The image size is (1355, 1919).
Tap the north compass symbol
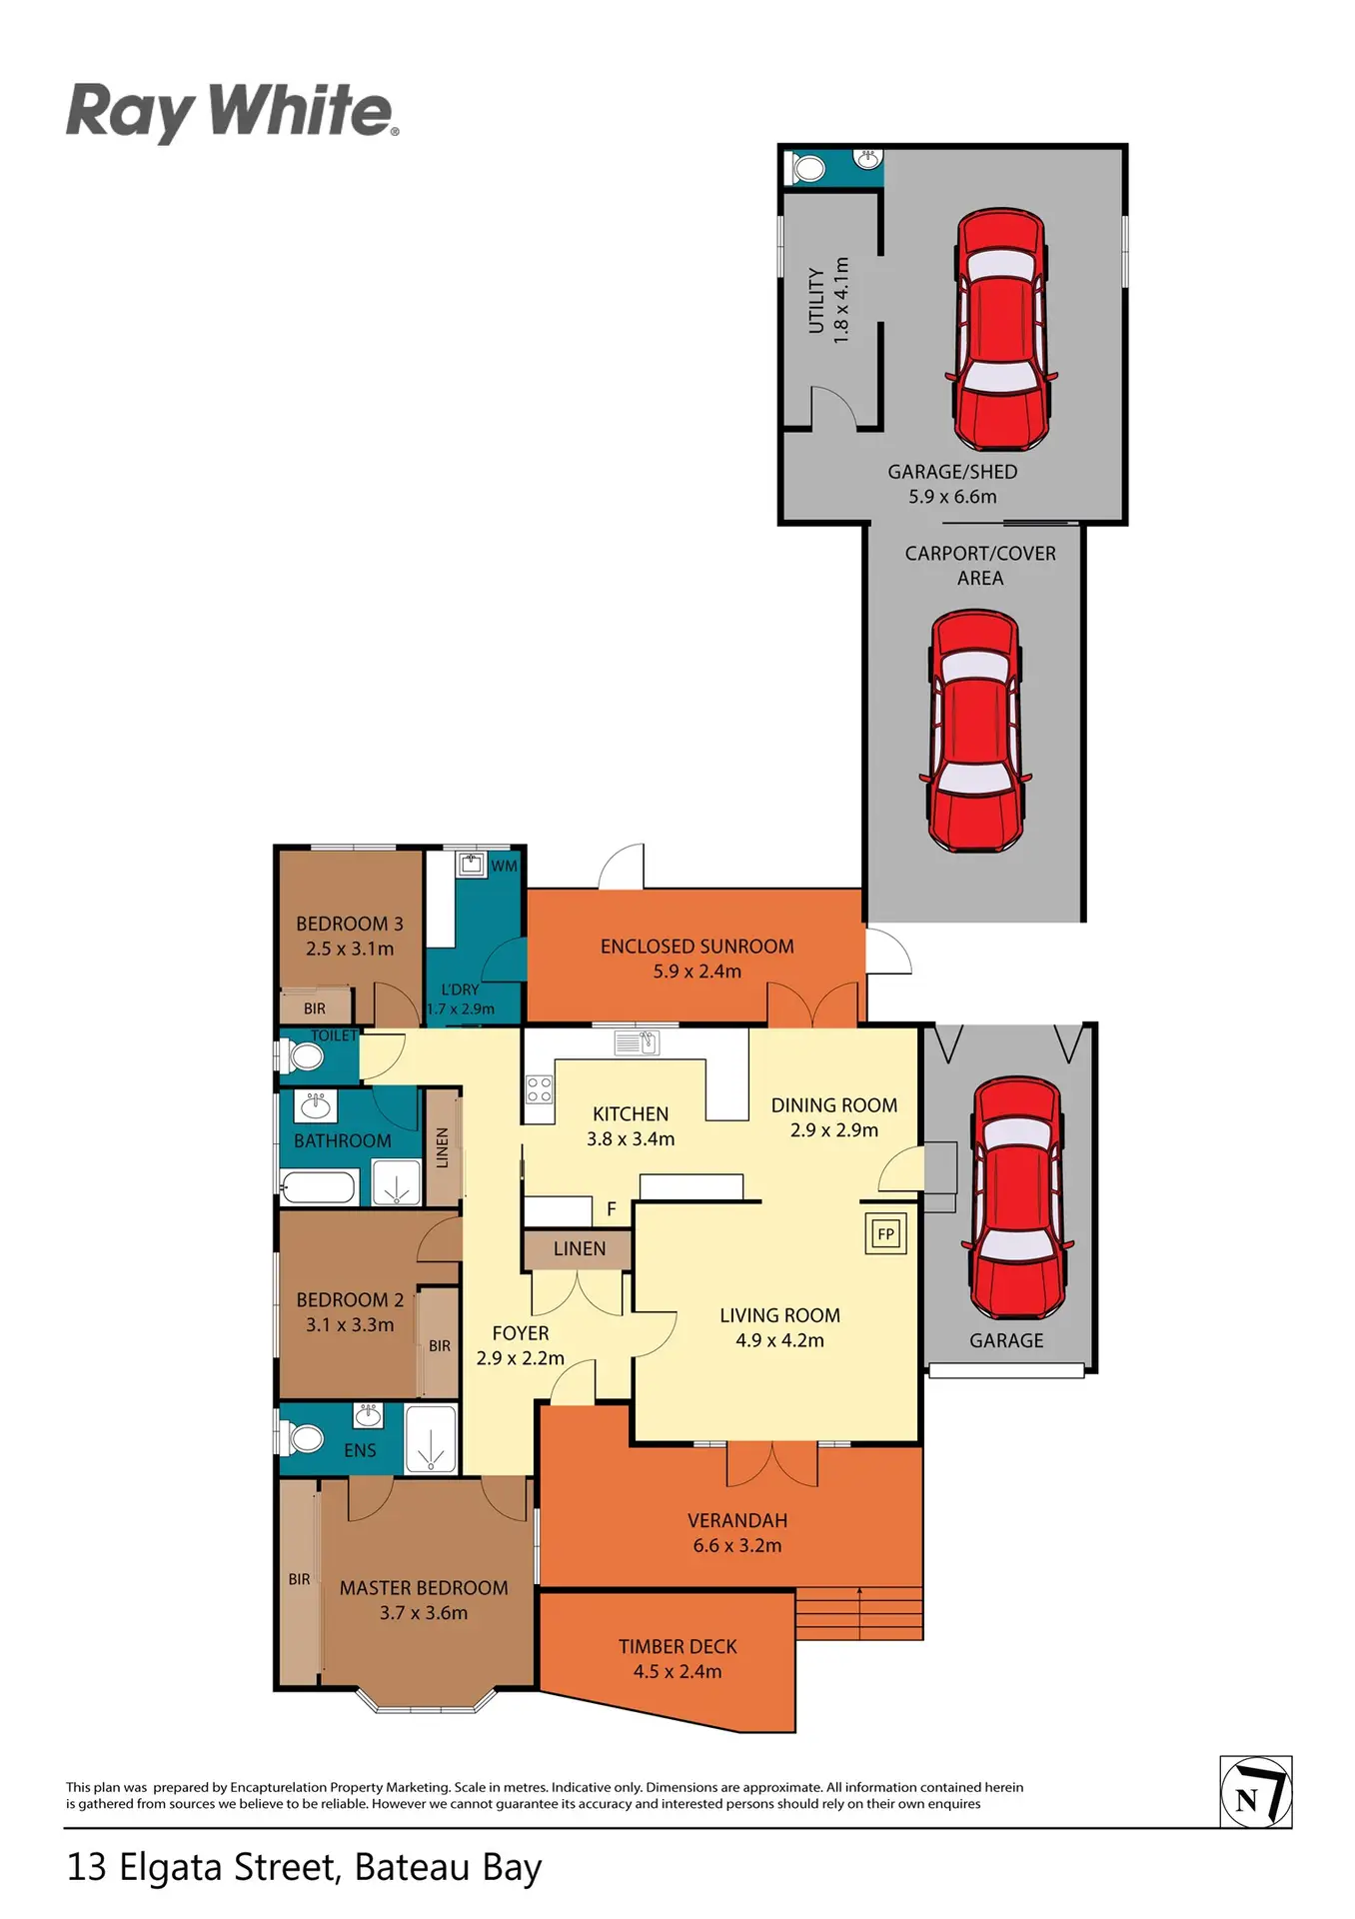pos(1256,1792)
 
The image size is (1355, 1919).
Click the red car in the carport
pos(975,731)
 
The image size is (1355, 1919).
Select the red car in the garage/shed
pos(1000,331)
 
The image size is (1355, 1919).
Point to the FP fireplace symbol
pos(885,1233)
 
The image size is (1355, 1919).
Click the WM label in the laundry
pos(504,866)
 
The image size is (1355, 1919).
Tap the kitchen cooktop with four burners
pos(539,1089)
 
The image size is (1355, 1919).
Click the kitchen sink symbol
pos(637,1043)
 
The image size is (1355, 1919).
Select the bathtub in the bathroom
pos(318,1187)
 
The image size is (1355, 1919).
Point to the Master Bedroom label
pos(424,1587)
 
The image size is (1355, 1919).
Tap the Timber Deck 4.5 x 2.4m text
pos(677,1658)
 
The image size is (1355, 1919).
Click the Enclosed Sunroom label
pos(697,946)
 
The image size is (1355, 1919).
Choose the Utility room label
pos(816,300)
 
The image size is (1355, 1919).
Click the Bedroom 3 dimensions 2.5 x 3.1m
pos(350,949)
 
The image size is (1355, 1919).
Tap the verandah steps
pos(859,1613)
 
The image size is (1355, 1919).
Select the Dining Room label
pos(834,1104)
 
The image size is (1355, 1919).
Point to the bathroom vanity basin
pos(317,1105)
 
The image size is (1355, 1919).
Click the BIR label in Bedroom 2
pos(440,1345)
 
